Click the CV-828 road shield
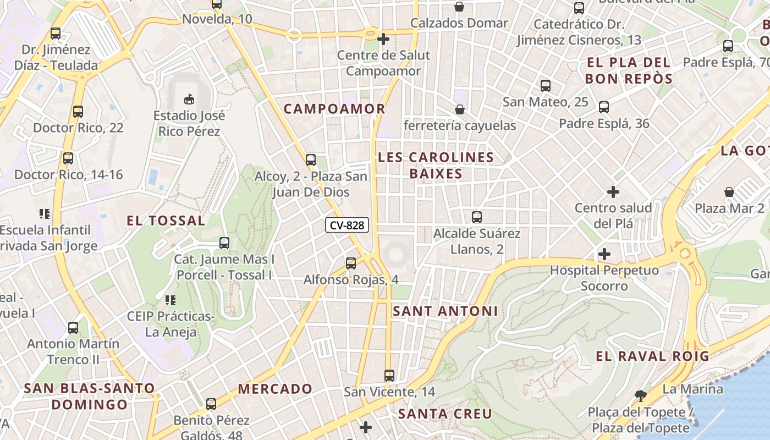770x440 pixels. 346,225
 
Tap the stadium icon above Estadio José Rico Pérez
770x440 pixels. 189,99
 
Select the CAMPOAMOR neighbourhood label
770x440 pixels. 334,109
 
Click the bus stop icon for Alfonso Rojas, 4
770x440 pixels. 351,263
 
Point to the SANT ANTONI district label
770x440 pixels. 446,311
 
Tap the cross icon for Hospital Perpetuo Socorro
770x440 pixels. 604,254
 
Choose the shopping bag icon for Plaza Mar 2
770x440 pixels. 729,192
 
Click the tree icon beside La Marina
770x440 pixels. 640,395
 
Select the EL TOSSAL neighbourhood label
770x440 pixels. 166,221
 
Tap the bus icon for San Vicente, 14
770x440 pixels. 389,376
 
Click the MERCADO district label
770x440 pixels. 275,389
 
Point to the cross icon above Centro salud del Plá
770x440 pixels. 613,192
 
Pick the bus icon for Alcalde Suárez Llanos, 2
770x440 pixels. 477,217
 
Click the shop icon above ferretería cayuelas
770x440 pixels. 460,109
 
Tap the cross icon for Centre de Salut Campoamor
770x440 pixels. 383,39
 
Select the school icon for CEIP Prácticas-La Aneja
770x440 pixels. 170,300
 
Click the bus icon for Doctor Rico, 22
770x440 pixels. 78,112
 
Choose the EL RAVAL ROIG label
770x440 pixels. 653,356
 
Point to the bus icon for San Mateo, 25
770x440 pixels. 546,86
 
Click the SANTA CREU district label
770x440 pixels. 445,414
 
